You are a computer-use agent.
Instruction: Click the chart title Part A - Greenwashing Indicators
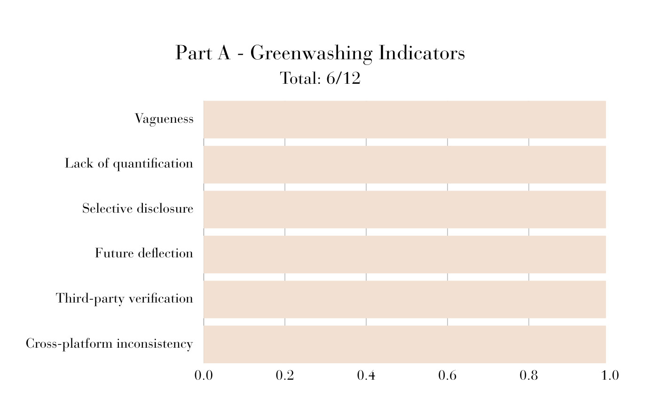320,53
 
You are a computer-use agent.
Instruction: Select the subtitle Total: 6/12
320,78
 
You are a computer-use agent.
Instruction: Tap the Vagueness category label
164,119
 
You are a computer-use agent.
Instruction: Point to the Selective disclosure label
138,208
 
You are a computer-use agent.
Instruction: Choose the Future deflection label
144,253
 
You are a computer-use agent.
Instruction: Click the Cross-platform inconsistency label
110,343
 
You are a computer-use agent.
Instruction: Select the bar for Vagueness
405,120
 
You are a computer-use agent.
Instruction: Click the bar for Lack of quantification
405,165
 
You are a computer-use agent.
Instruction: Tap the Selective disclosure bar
405,209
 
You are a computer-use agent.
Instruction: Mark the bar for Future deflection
405,255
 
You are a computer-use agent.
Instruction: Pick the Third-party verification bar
405,299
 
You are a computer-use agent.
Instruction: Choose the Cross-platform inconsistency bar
405,344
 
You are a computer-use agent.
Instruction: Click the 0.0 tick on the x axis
204,375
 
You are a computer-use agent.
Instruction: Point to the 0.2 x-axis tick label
285,375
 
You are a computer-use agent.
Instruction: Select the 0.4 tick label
366,375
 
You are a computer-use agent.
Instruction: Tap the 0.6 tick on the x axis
448,375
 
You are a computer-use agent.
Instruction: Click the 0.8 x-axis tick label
529,375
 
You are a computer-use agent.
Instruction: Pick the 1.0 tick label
610,375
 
